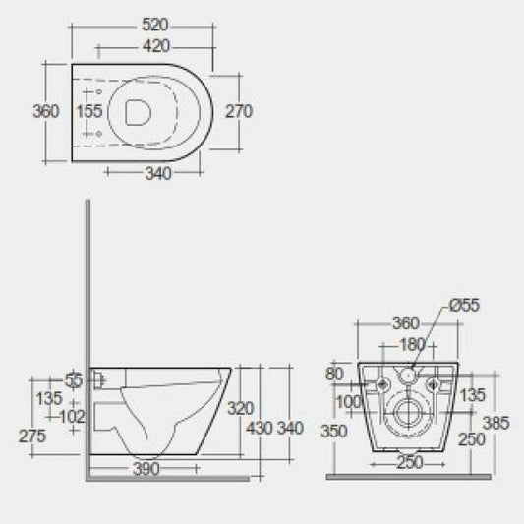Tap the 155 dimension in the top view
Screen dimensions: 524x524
(x=89, y=111)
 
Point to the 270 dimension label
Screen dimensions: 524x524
(x=238, y=111)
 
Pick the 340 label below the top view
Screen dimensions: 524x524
(x=157, y=174)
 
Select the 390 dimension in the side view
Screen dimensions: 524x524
(x=146, y=470)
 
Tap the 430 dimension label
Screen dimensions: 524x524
(x=260, y=429)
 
